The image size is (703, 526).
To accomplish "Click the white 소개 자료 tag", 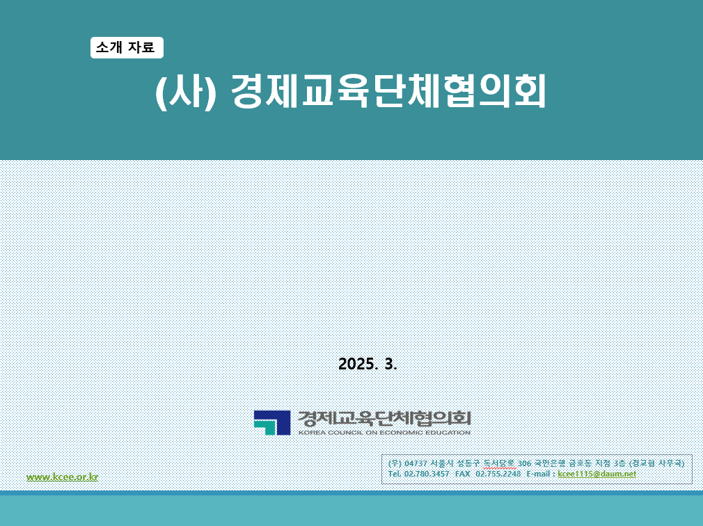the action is [x=127, y=47].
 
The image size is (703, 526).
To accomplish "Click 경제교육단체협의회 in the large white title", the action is [x=388, y=91].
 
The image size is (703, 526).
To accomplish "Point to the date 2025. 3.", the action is [x=368, y=364].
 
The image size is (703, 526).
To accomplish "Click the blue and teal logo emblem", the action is [x=272, y=422].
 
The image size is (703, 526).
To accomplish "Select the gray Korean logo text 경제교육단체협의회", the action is [x=385, y=418].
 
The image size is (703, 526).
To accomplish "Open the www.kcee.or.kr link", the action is [x=63, y=477].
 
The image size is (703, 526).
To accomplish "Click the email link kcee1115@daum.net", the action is [x=597, y=474].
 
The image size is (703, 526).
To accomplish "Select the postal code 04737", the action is [x=416, y=463].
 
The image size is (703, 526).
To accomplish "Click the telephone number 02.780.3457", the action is [x=427, y=474].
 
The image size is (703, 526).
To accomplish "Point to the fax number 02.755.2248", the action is [x=498, y=474].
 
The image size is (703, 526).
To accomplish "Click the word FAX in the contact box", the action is [x=462, y=474].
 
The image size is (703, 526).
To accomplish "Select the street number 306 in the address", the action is [x=524, y=463].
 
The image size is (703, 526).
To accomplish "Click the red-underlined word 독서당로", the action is [x=500, y=463].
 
